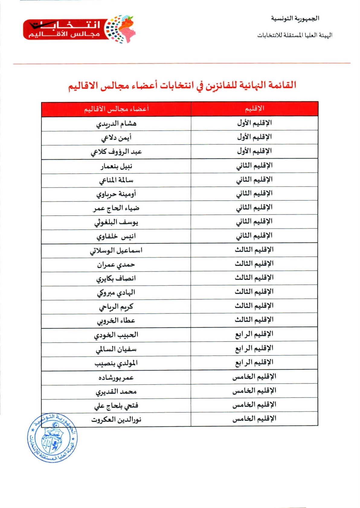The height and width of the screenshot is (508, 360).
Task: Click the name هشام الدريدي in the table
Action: click(x=116, y=124)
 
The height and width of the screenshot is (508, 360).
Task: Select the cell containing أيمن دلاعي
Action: click(x=116, y=138)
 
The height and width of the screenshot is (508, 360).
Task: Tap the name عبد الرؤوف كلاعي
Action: click(x=116, y=152)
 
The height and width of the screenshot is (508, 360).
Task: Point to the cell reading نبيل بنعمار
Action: click(x=116, y=166)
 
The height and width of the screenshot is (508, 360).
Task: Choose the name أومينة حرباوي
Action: click(x=116, y=194)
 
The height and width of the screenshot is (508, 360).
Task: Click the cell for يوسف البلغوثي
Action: click(x=116, y=223)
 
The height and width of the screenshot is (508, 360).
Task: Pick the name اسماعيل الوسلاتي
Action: click(x=116, y=251)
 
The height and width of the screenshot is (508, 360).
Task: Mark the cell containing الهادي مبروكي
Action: click(x=116, y=293)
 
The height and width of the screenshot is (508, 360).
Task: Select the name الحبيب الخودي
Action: click(x=116, y=335)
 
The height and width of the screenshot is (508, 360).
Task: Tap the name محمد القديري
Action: click(x=116, y=392)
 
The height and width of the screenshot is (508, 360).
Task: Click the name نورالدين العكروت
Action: click(x=116, y=420)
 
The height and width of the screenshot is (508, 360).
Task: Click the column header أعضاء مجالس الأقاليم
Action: click(x=116, y=109)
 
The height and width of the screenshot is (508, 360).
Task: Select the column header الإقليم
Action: click(x=254, y=109)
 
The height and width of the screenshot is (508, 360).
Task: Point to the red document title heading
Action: click(x=182, y=85)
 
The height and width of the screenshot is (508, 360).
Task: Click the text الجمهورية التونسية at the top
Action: click(x=295, y=18)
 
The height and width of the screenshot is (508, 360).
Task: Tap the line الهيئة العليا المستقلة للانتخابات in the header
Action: click(x=294, y=35)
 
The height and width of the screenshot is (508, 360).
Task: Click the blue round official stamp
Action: click(x=52, y=438)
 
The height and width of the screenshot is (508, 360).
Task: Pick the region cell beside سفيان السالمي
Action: click(x=254, y=349)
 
